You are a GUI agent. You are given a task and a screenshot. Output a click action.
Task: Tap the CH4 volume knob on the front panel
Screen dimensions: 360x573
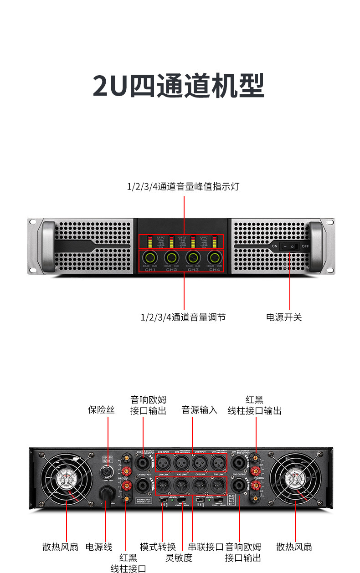pyautogui.click(x=214, y=258)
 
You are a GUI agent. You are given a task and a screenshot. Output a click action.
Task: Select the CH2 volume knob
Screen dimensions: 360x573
pyautogui.click(x=171, y=258)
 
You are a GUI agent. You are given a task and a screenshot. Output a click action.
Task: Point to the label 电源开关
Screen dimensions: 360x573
pyautogui.click(x=284, y=317)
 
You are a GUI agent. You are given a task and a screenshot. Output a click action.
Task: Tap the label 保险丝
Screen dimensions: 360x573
pyautogui.click(x=101, y=410)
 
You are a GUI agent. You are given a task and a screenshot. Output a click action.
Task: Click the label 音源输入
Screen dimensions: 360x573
pyautogui.click(x=200, y=410)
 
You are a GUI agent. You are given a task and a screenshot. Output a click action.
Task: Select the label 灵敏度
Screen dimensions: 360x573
pyautogui.click(x=179, y=558)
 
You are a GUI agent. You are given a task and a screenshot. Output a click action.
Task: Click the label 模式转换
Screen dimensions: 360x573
pyautogui.click(x=158, y=547)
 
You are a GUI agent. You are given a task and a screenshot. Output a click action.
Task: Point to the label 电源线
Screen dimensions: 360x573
pyautogui.click(x=99, y=547)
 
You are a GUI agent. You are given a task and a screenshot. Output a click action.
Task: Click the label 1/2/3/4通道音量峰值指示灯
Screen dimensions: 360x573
pyautogui.click(x=183, y=187)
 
